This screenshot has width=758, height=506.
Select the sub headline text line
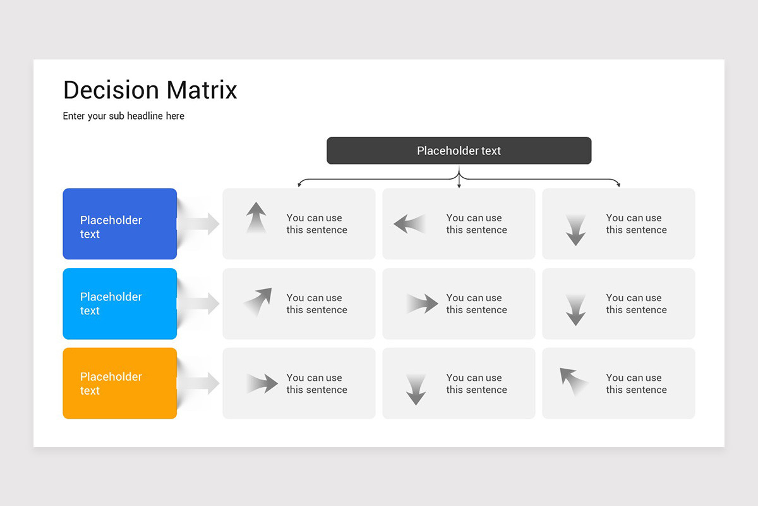click(123, 116)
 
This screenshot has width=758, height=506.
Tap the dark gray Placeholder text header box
click(459, 151)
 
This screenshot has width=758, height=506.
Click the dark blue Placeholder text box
click(119, 224)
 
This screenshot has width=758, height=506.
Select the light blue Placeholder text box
click(119, 304)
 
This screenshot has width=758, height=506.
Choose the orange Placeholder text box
click(119, 383)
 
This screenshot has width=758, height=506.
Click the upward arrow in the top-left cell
click(256, 218)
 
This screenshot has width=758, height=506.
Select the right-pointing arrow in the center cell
click(423, 304)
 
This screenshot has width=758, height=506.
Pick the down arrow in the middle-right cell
click(575, 310)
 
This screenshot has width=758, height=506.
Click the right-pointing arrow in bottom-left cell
click(263, 383)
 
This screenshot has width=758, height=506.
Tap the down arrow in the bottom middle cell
click(416, 390)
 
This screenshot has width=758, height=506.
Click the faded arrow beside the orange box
click(201, 383)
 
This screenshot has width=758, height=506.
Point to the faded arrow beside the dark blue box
click(201, 223)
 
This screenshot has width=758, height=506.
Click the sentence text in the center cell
click(476, 304)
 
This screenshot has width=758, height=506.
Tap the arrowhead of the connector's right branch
click(618, 185)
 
